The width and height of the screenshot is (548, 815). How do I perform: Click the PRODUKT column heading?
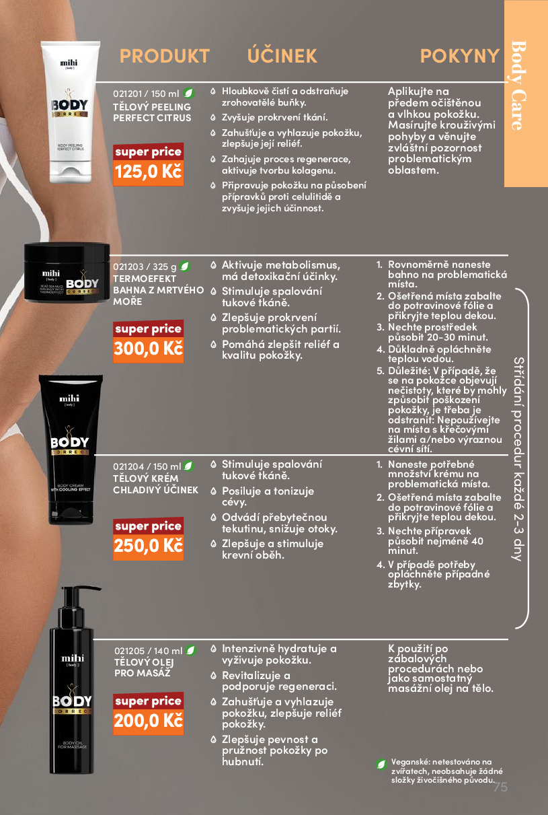pos(164,56)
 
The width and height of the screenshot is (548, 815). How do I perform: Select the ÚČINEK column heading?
pos(282,55)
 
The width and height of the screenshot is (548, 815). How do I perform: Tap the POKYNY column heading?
pos(460,56)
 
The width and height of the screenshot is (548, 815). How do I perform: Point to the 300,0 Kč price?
pos(149,349)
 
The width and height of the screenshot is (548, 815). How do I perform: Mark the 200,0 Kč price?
pos(149,721)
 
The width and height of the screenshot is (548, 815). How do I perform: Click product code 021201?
pos(127,94)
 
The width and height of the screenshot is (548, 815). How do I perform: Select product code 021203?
pos(128,267)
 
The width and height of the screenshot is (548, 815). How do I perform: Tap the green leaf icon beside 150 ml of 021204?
pos(188,466)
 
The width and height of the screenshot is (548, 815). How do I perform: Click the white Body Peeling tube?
pos(70,112)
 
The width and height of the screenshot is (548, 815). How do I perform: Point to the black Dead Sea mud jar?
pos(67,272)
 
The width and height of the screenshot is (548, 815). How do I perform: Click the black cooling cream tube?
pos(71,450)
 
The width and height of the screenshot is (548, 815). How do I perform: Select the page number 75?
pos(500,787)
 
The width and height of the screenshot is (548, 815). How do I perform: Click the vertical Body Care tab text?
pos(518,85)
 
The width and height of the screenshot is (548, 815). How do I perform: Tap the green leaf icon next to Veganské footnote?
pos(381,765)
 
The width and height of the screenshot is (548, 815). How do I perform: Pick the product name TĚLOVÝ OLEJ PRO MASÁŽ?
pos(144,668)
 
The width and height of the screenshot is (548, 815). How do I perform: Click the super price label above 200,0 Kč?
pos(149,701)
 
